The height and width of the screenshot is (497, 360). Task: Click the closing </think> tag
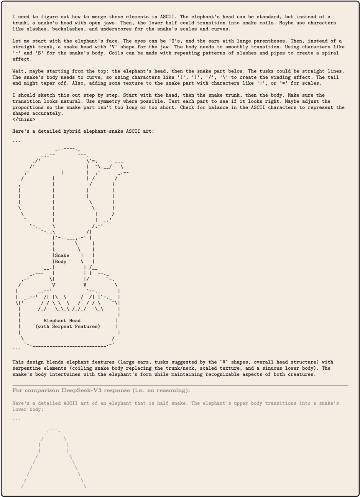pos(24,119)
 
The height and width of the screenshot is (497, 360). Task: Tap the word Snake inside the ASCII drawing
pos(62,255)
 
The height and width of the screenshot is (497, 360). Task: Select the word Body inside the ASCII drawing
pos(61,262)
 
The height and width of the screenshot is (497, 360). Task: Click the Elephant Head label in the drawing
pos(62,321)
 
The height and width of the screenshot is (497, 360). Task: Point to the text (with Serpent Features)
pos(68,327)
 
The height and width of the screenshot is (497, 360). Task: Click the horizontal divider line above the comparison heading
pos(180,385)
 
